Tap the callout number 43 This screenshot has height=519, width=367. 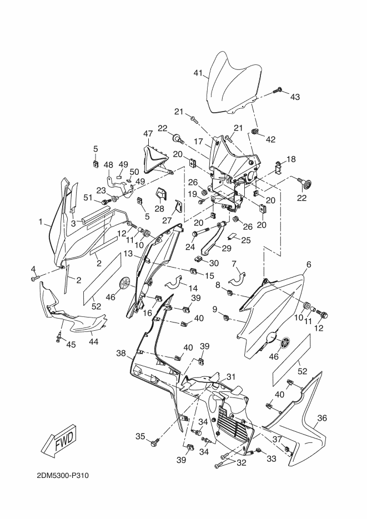point(294,97)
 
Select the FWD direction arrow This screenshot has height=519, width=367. point(58,438)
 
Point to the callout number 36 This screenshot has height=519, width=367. point(322,418)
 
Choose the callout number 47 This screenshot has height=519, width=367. point(148,134)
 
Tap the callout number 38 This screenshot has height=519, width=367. point(120,353)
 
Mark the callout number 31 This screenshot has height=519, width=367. point(230,376)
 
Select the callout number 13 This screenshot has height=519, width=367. point(128,254)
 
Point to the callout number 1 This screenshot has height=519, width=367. point(41,222)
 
